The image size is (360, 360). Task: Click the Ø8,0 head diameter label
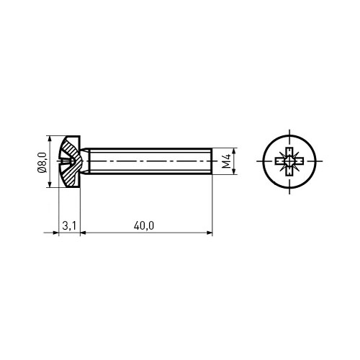click(42, 162)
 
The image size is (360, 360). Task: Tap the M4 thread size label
click(226, 161)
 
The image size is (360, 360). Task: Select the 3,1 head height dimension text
click(69, 226)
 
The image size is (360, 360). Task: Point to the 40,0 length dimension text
click(144, 226)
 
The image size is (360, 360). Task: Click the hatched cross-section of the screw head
click(71, 161)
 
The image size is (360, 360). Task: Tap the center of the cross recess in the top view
click(289, 161)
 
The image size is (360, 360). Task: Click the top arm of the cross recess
click(289, 151)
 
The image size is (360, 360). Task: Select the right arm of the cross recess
click(299, 161)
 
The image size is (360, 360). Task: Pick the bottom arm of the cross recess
click(289, 171)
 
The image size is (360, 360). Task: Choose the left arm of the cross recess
click(280, 161)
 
